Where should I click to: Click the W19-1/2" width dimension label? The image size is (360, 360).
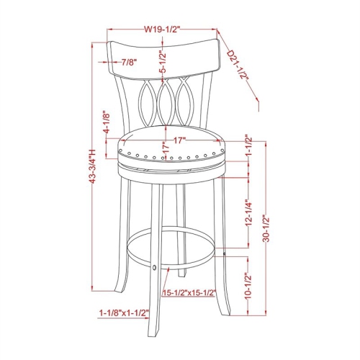161,30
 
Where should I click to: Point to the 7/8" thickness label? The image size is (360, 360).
130,63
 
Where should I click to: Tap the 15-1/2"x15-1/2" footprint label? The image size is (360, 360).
189,292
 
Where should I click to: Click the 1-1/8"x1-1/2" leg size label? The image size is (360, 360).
124,313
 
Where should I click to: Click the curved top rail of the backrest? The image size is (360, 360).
161,52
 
